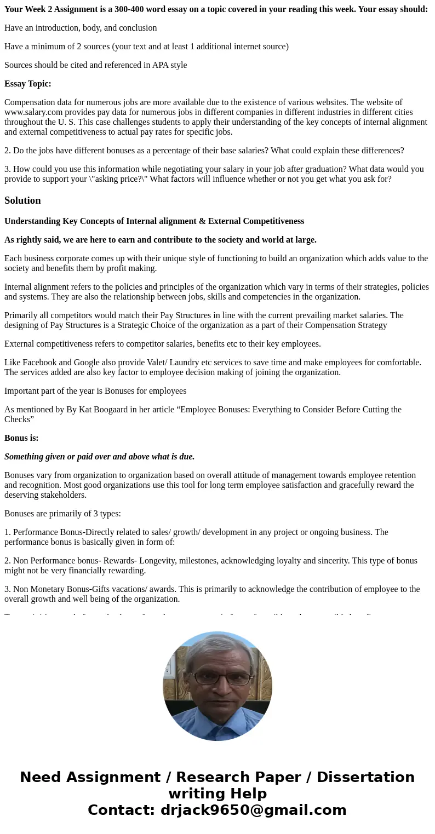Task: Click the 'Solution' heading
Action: point(22,200)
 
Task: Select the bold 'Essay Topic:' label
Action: point(28,84)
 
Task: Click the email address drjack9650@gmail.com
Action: point(254,810)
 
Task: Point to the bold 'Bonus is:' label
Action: point(21,438)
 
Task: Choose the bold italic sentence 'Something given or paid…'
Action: point(99,457)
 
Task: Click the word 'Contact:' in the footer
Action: point(122,810)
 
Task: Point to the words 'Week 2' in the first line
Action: point(36,9)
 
